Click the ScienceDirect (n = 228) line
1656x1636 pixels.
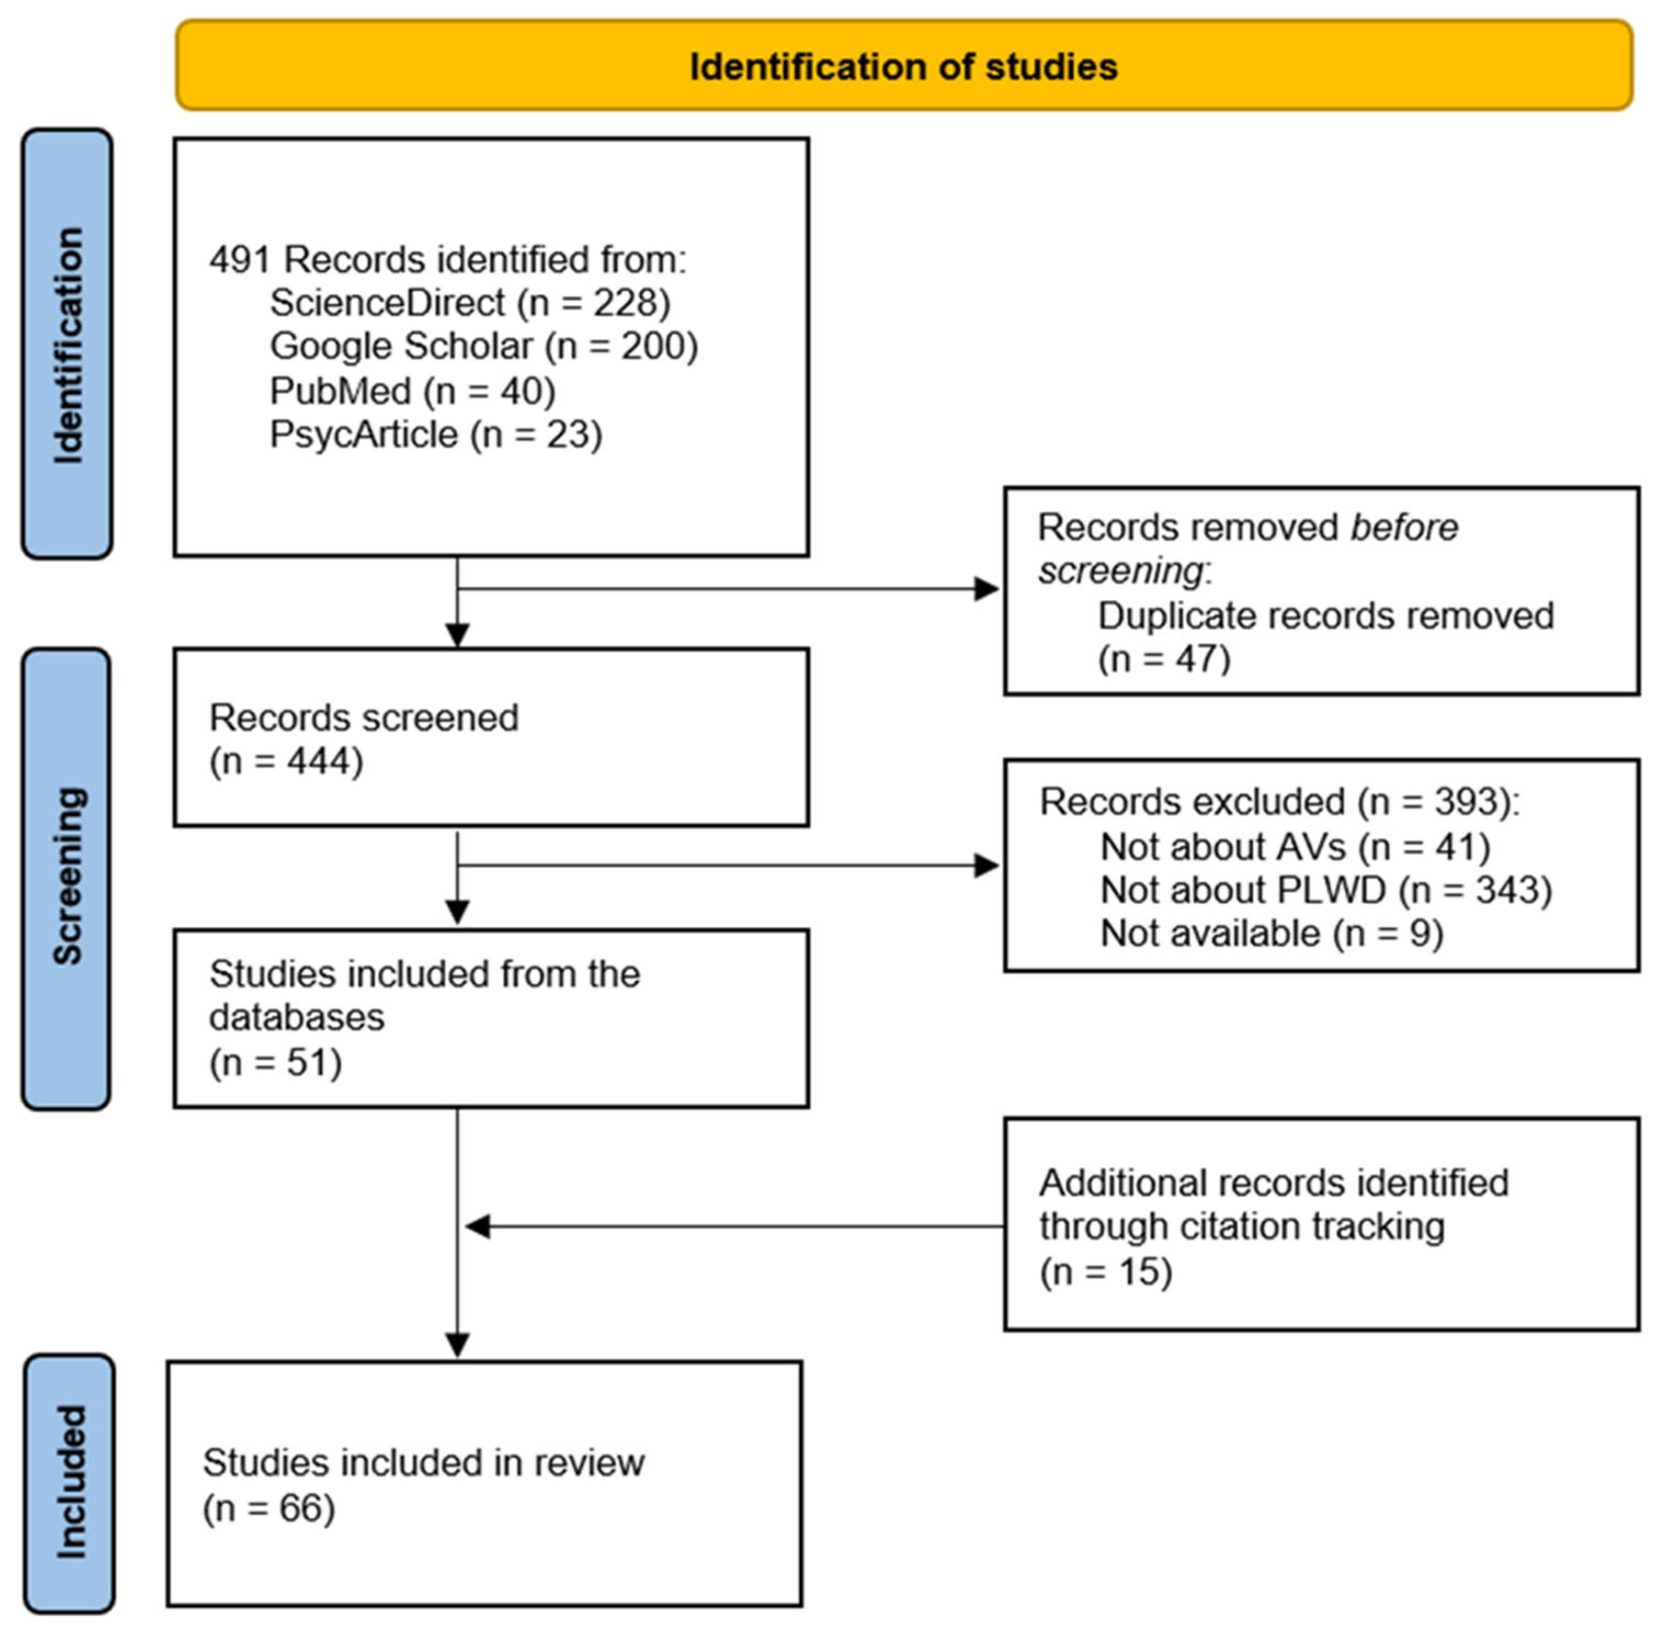(x=470, y=302)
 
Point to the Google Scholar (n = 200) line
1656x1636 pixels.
(x=483, y=346)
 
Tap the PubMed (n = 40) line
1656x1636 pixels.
(x=412, y=391)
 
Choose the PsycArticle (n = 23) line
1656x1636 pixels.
(x=435, y=435)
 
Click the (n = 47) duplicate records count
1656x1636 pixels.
(x=1164, y=659)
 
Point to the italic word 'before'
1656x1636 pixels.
(x=1404, y=527)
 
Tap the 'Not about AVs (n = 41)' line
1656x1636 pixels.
(x=1294, y=847)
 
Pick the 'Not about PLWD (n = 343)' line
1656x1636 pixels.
(x=1325, y=890)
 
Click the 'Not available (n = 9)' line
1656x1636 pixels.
(x=1271, y=933)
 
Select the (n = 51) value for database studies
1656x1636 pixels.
(x=275, y=1063)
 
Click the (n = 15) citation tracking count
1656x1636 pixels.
(x=1105, y=1271)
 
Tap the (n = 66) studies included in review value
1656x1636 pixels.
(x=268, y=1508)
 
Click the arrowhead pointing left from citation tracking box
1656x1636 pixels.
(x=477, y=1226)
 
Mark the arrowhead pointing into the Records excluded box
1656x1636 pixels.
(x=986, y=865)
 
